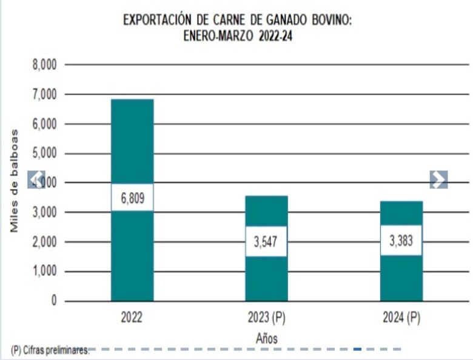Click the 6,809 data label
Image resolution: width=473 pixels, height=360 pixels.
point(132,198)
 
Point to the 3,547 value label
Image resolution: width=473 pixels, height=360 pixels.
point(266,241)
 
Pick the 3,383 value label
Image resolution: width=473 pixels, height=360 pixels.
point(401,239)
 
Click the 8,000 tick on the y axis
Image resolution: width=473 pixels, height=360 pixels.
point(44,64)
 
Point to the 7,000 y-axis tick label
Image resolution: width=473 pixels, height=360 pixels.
point(44,94)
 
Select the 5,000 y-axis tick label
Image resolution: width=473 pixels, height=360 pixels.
point(44,153)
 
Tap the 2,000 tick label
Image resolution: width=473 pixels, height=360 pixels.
point(44,242)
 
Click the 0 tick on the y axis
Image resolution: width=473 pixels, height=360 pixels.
point(54,301)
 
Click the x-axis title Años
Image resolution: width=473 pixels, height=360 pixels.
point(266,338)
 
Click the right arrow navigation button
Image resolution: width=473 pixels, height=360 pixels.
point(438,179)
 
